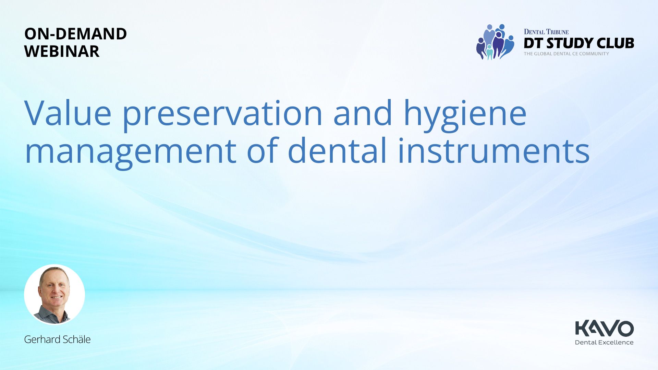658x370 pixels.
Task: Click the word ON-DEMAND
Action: [x=75, y=34]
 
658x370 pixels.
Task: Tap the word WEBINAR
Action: [x=62, y=51]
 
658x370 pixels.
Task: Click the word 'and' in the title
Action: [x=363, y=113]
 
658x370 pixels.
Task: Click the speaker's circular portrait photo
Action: [x=54, y=294]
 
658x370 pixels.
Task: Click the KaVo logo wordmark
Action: [x=605, y=328]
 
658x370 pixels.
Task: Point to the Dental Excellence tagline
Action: [x=604, y=342]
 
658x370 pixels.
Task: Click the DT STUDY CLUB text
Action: [x=579, y=43]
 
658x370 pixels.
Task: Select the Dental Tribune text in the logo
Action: [x=546, y=32]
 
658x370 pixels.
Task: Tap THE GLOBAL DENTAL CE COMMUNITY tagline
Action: [x=566, y=54]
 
